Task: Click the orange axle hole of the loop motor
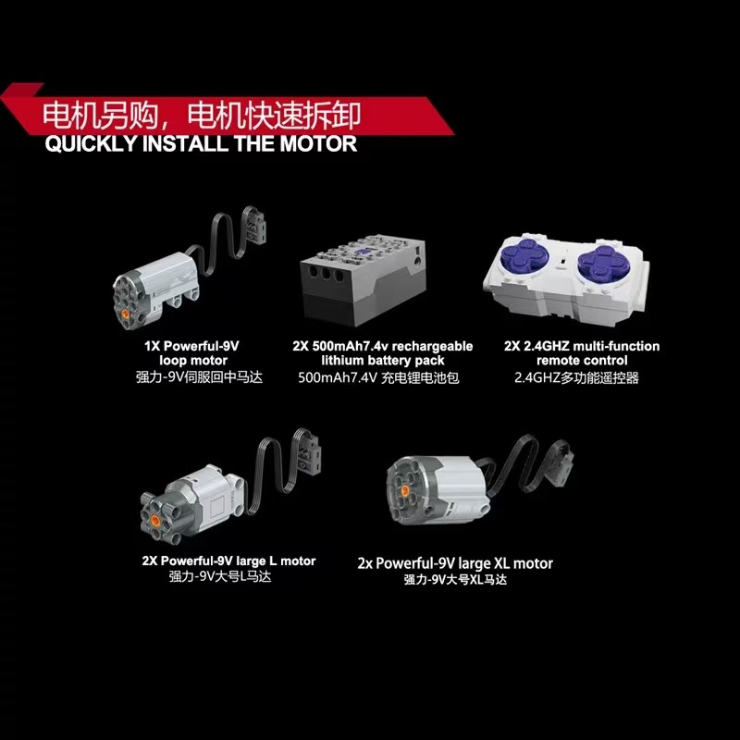click(126, 314)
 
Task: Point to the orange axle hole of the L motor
click(154, 520)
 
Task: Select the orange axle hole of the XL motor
click(405, 491)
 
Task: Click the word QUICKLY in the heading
click(91, 144)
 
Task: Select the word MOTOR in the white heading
click(318, 144)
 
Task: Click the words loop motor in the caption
click(193, 361)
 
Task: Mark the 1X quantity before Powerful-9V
click(152, 346)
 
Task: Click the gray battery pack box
click(363, 282)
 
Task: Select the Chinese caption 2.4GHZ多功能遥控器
click(576, 378)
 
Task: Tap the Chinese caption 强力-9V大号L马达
click(220, 576)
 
